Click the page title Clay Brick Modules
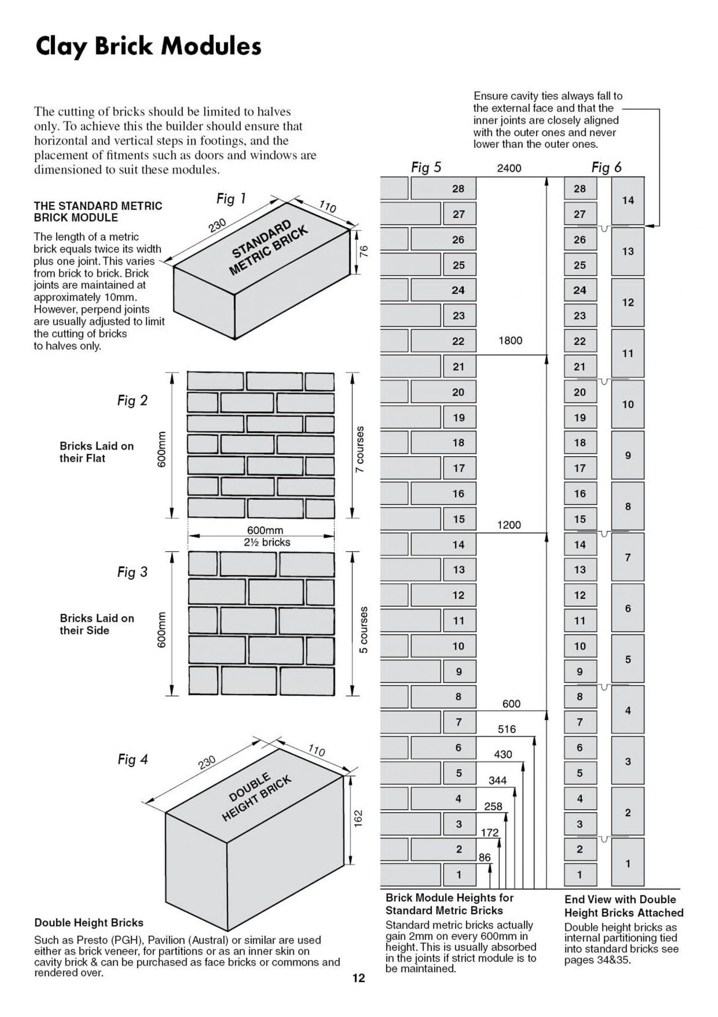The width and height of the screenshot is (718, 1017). point(148,46)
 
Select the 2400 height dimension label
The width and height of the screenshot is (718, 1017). point(509,168)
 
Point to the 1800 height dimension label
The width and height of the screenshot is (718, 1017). point(510,340)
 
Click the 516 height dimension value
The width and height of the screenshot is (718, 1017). point(507,729)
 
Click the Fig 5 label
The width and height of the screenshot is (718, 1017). point(426,167)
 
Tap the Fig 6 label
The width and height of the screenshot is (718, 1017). point(606,167)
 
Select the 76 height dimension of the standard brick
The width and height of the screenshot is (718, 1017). point(364,251)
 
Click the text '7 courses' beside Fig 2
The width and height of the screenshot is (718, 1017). point(360,449)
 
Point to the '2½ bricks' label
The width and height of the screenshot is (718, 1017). point(267,542)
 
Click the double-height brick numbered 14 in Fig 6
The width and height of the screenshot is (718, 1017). point(628,201)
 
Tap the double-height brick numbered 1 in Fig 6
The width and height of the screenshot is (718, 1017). point(628,863)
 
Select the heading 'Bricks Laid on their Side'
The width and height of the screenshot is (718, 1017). point(96,624)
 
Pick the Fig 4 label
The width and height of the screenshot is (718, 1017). point(132,760)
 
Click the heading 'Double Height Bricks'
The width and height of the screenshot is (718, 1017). point(89,923)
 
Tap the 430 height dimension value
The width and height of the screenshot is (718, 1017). point(503,754)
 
